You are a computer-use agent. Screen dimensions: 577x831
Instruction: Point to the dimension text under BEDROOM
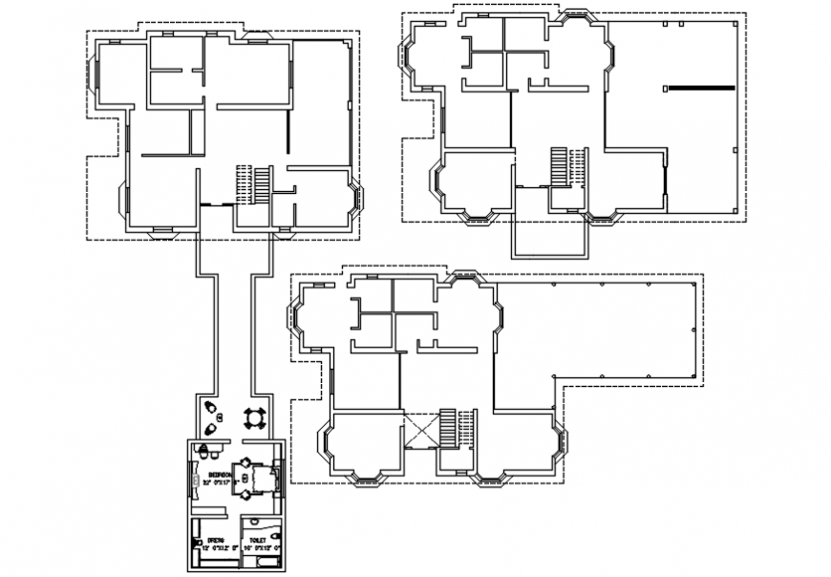pyautogui.click(x=221, y=482)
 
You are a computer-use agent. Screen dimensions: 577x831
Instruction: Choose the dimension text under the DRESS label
pyautogui.click(x=221, y=548)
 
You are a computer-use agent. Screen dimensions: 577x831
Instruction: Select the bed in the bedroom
pyautogui.click(x=250, y=477)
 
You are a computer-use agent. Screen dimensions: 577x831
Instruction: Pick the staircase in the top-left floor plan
pyautogui.click(x=254, y=183)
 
